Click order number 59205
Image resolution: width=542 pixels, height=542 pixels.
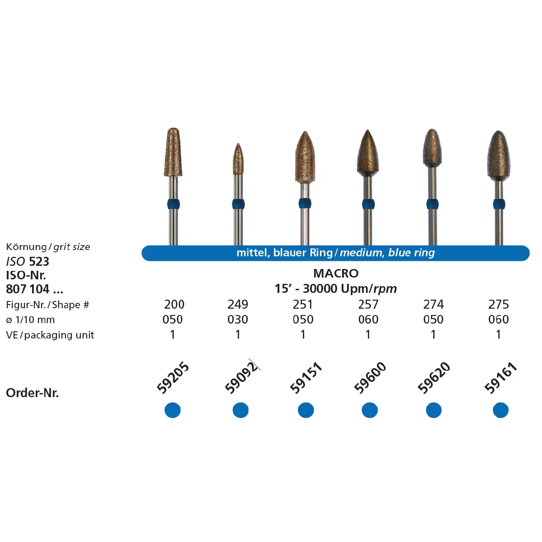173,378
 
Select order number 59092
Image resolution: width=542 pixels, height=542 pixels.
241,378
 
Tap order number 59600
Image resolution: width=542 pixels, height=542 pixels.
370,378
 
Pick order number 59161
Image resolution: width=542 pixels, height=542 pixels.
500,378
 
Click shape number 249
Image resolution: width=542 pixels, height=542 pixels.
238,304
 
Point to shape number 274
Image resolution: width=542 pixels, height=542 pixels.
433,304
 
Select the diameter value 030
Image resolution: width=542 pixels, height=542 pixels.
238,320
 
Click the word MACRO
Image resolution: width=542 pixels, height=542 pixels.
336,273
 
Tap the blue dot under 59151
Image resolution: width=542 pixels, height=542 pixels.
306,410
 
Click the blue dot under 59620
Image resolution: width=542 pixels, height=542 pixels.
434,410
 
